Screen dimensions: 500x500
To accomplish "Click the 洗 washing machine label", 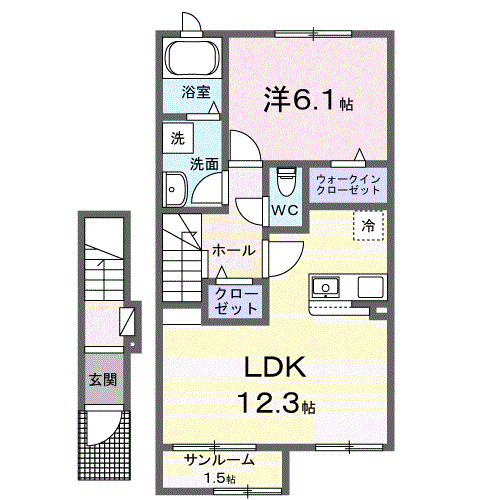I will tap(176, 137).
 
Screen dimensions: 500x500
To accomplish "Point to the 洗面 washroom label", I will tap(205, 162).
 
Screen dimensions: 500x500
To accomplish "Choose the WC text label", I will tap(284, 210).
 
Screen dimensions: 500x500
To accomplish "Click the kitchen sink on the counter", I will tap(326, 287).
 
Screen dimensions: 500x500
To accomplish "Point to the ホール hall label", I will tap(233, 250).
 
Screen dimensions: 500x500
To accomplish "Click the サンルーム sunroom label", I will tap(219, 461).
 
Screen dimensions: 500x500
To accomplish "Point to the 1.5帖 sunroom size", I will tap(219, 478).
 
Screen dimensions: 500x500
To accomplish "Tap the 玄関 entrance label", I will tap(102, 380).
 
